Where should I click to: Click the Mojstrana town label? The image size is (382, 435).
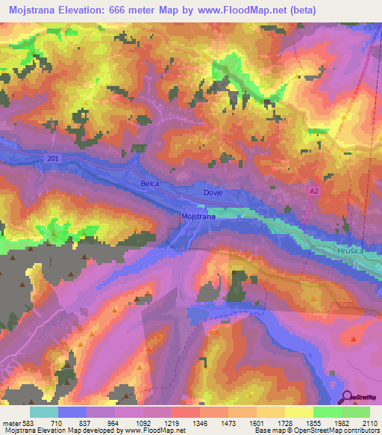[198, 217]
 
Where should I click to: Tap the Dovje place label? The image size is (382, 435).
[213, 193]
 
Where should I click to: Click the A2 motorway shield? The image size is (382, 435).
[314, 192]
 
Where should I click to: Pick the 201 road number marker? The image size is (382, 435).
[51, 158]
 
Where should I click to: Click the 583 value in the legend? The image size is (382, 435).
[27, 422]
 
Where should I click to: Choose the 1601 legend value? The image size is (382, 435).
[257, 422]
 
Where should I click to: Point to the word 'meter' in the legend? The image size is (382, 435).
[10, 422]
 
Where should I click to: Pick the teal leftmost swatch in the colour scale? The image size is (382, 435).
[43, 412]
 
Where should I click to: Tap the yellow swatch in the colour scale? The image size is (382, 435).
[299, 412]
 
